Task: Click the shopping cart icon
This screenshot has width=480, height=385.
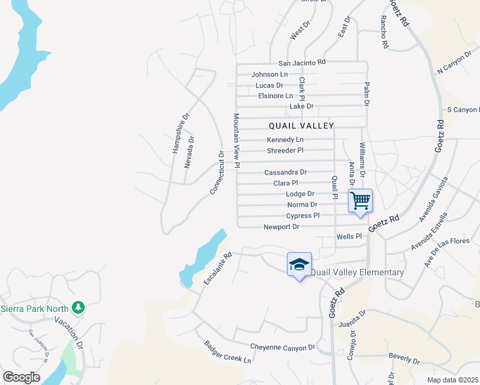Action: click(x=360, y=200)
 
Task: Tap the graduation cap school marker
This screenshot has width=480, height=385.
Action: click(x=299, y=264)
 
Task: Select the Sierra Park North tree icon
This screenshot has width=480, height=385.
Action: click(x=79, y=307)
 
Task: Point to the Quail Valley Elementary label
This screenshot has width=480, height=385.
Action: click(x=357, y=272)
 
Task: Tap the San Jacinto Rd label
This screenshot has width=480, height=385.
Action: click(x=302, y=63)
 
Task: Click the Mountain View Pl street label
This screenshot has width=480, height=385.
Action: click(x=236, y=141)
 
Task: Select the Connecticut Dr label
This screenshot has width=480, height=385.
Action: click(x=217, y=173)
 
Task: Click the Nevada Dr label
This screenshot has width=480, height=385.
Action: click(x=189, y=152)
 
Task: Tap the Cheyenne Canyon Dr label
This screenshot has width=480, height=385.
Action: click(x=282, y=347)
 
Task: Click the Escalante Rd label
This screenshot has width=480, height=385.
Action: click(x=218, y=269)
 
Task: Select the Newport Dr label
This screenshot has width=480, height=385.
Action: click(x=281, y=227)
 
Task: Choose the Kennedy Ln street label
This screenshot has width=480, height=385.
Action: click(x=285, y=140)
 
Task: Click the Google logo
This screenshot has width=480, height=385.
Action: click(x=21, y=377)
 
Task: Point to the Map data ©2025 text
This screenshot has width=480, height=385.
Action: click(x=453, y=380)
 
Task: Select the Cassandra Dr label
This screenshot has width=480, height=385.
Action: click(x=286, y=173)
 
